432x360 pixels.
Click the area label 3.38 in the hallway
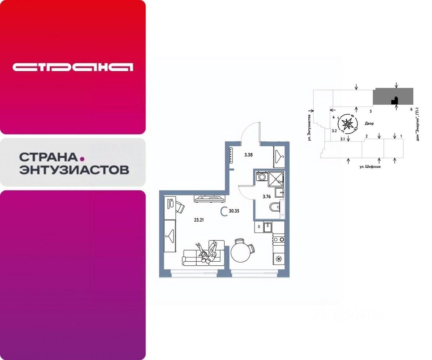[x=248, y=155]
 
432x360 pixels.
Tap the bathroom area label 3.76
[x=266, y=197]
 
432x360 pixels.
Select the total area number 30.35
[x=234, y=211]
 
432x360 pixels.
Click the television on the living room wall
[x=209, y=198]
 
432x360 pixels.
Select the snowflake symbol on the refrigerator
[x=278, y=259]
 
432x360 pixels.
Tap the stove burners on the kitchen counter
[x=279, y=239]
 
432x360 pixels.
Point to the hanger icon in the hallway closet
[x=279, y=156]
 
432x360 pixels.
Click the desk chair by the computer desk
[x=179, y=207]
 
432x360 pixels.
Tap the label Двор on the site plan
[x=369, y=123]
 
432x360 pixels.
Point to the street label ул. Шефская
[x=370, y=167]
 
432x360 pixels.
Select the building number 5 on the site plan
[x=370, y=112]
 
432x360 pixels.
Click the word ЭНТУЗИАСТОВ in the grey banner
[x=74, y=170]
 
